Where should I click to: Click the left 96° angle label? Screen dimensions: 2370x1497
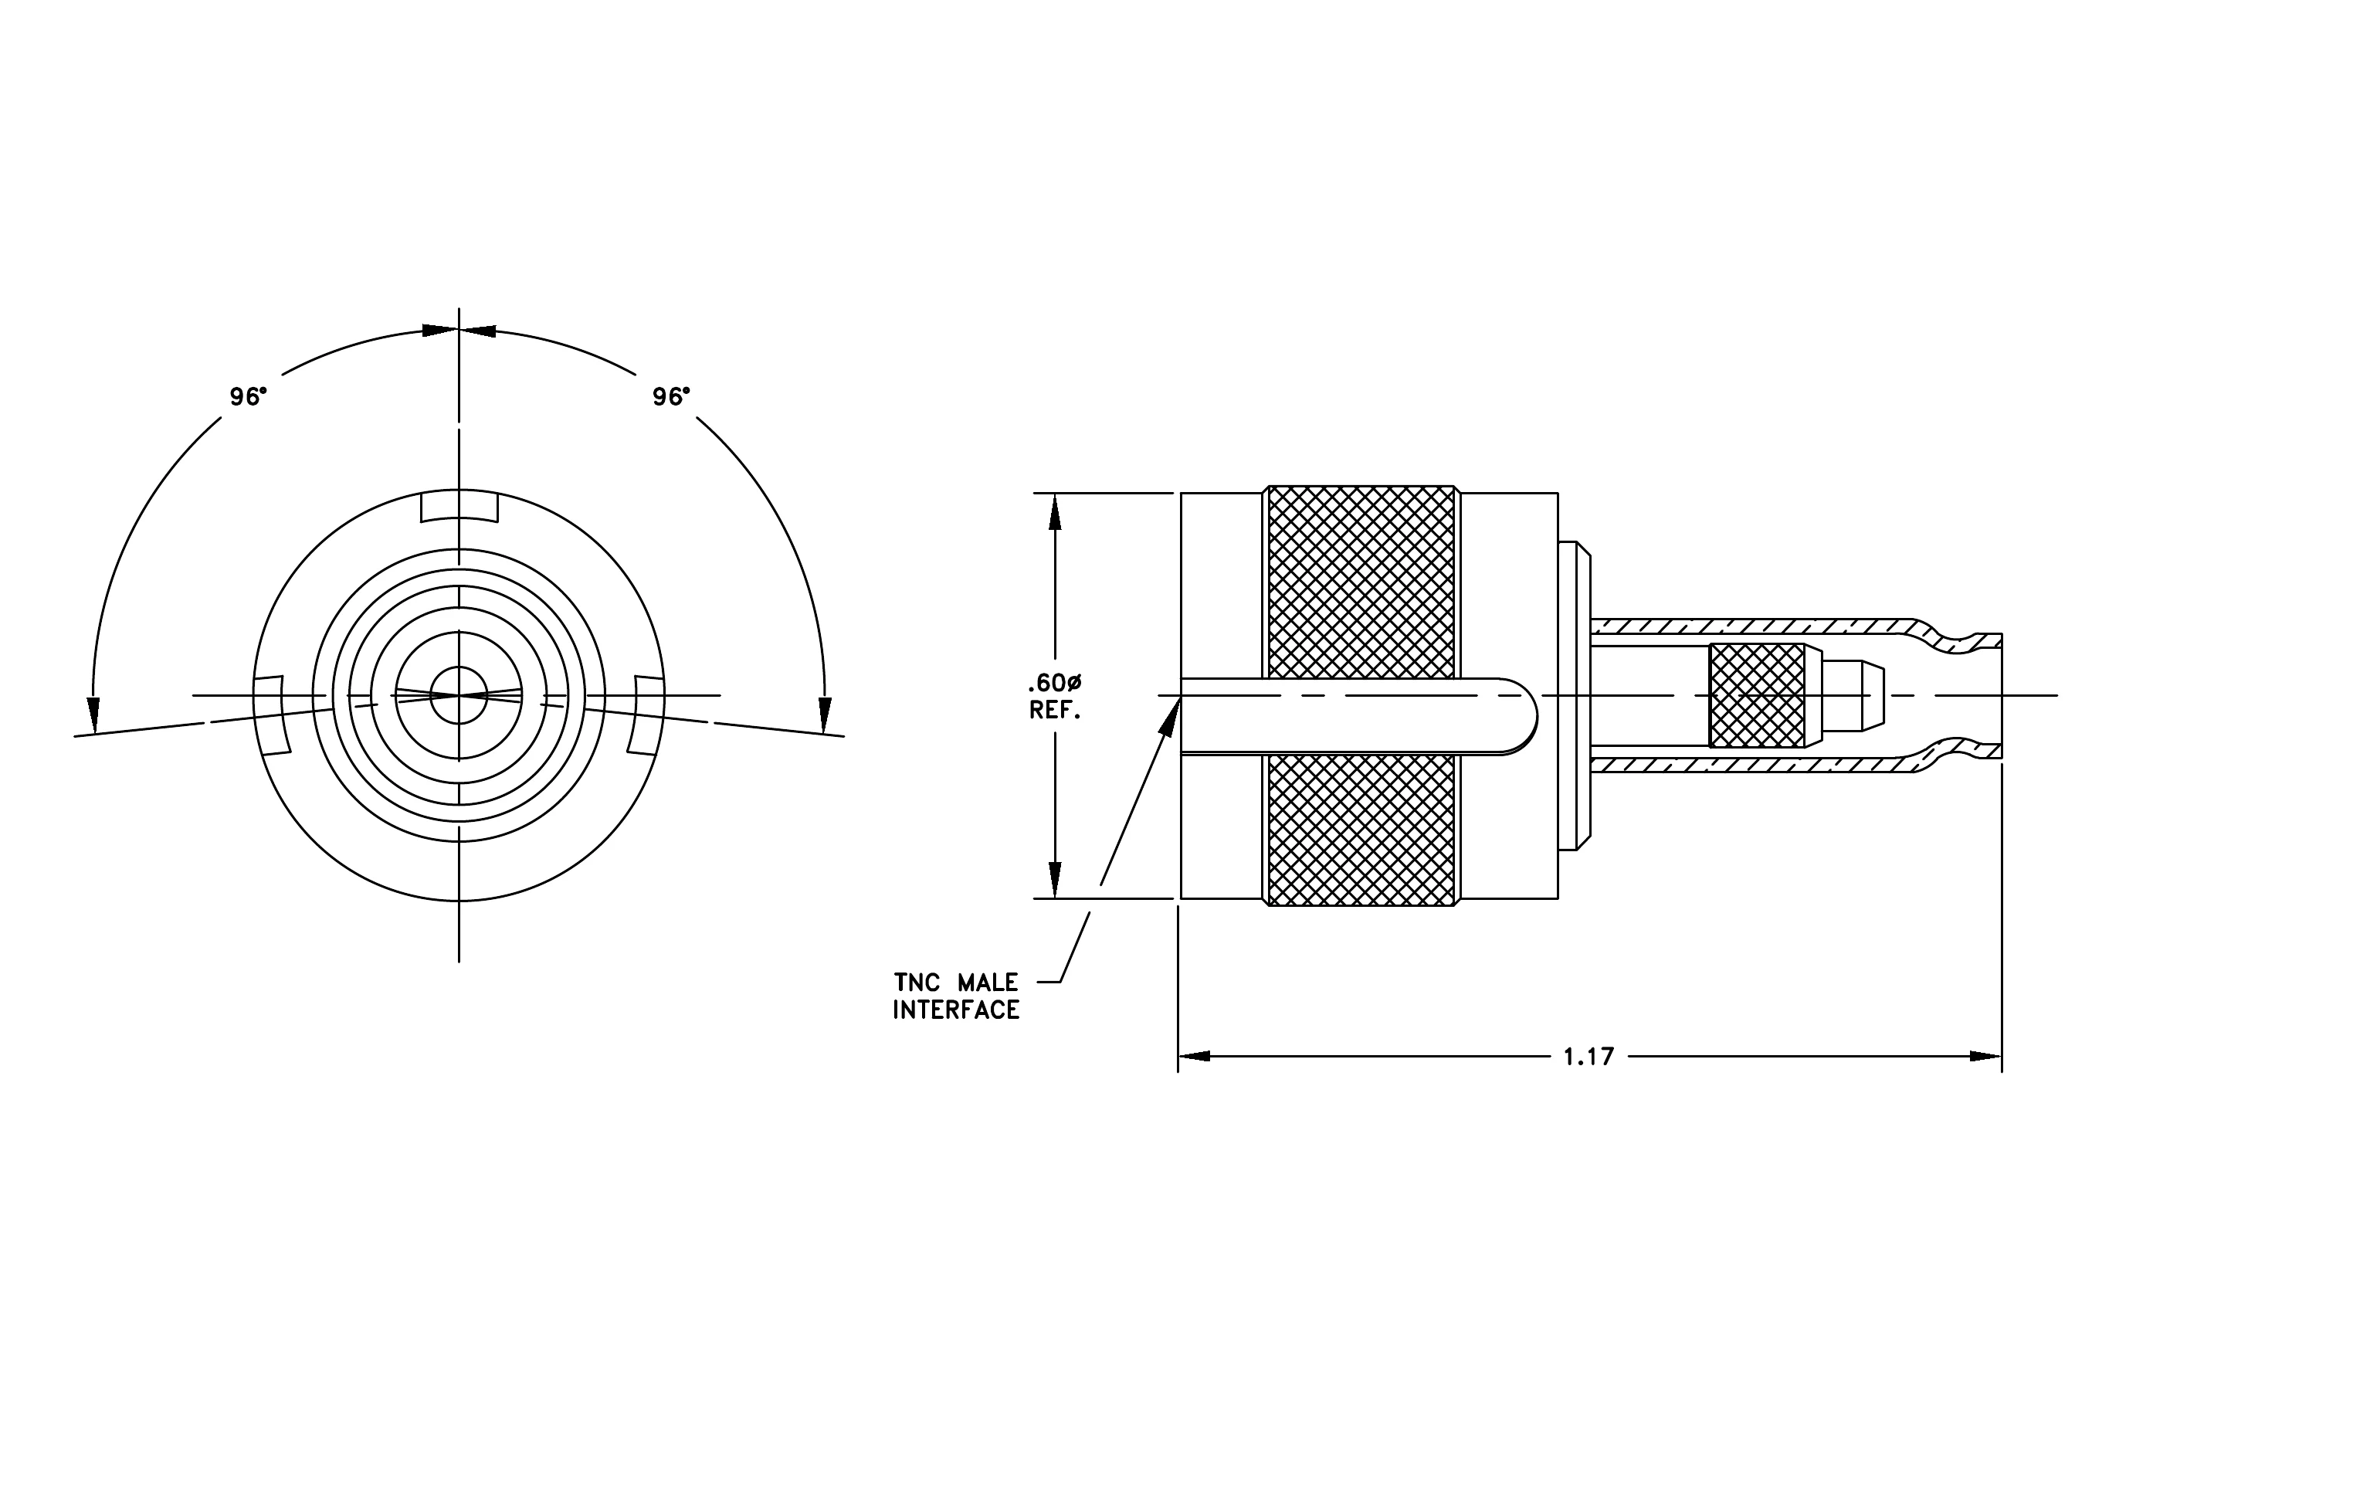coord(248,396)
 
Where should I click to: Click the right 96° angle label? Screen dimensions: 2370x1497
coord(671,396)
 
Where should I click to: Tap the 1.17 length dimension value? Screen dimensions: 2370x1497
coord(1589,1057)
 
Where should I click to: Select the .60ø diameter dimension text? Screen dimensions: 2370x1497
coord(1055,683)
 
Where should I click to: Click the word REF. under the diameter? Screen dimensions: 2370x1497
coord(1055,710)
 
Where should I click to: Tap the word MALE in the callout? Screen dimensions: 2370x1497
coord(988,983)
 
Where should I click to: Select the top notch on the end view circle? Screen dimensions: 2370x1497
coord(459,506)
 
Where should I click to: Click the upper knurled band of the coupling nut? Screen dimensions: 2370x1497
coord(1361,582)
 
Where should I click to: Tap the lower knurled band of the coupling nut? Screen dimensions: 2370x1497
coord(1361,830)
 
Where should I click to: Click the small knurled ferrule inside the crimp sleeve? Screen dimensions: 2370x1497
coord(1757,695)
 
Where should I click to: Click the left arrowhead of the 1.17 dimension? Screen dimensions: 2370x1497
coord(1194,1057)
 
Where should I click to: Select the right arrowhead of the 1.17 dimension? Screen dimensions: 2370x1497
coord(1986,1057)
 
